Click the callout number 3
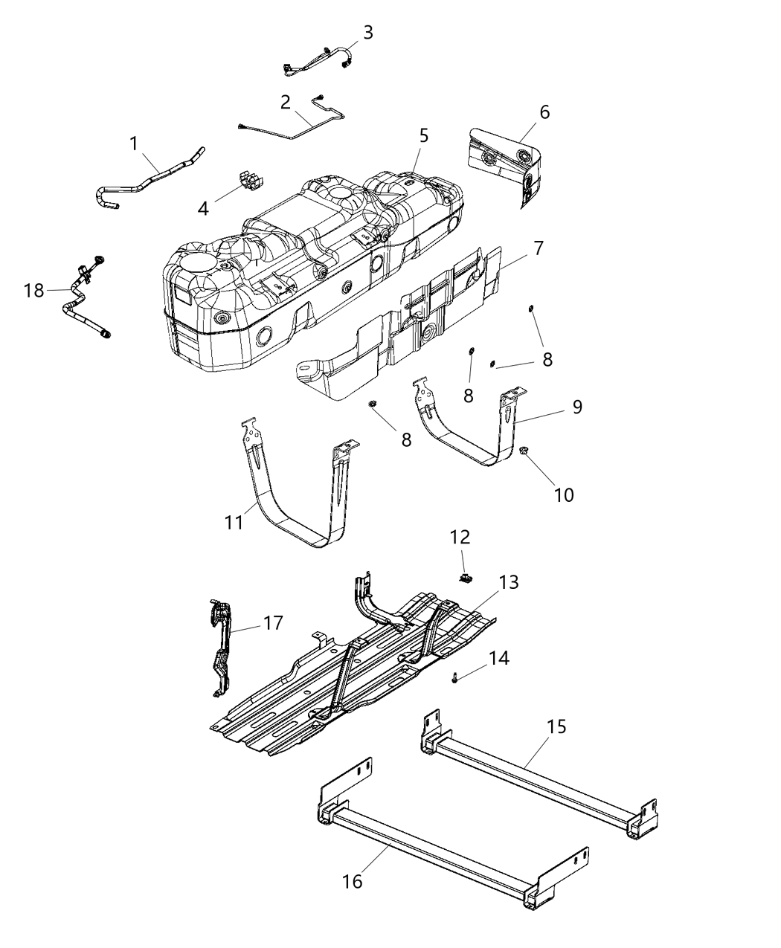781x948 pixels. (367, 32)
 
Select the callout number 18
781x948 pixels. (34, 291)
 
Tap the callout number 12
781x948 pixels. (460, 537)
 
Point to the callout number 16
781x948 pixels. (352, 881)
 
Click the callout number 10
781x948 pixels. (564, 494)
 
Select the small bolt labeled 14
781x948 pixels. (454, 677)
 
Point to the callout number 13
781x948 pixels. (509, 582)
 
